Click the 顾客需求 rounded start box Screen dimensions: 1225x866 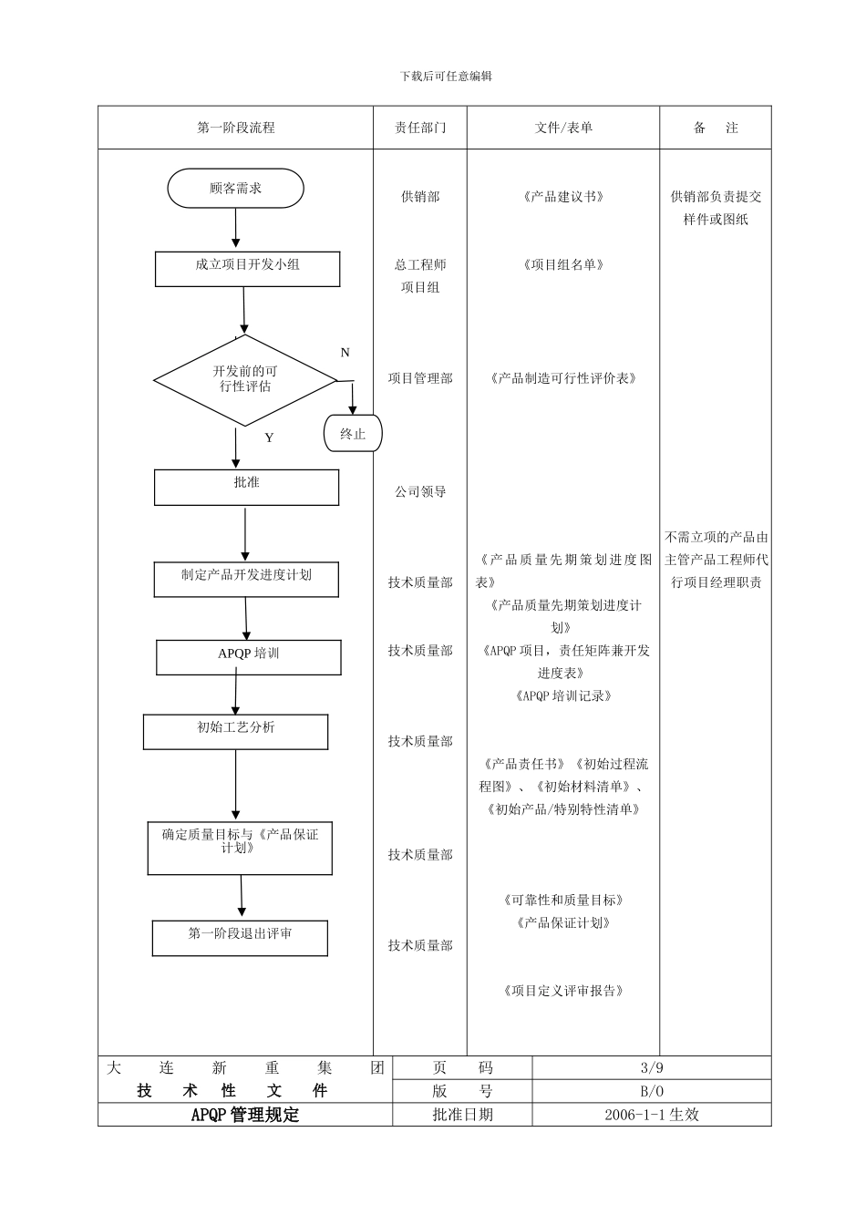pyautogui.click(x=235, y=189)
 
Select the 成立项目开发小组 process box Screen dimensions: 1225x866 pyautogui.click(x=247, y=269)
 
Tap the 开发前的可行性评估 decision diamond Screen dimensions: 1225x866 pyautogui.click(x=245, y=379)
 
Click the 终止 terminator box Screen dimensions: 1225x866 pyautogui.click(x=353, y=434)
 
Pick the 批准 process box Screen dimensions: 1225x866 pyautogui.click(x=246, y=487)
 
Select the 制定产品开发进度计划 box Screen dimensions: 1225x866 pyautogui.click(x=246, y=579)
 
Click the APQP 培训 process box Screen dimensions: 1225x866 pyautogui.click(x=248, y=656)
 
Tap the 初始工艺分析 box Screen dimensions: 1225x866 pyautogui.click(x=235, y=731)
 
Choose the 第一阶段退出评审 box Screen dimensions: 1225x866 pyautogui.click(x=240, y=937)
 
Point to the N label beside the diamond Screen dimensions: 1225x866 pyautogui.click(x=345, y=353)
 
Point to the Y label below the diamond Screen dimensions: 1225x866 pyautogui.click(x=269, y=438)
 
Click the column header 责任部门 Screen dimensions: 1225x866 pyautogui.click(x=420, y=129)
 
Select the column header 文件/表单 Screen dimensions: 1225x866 pyautogui.click(x=563, y=129)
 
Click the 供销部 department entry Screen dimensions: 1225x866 pyautogui.click(x=420, y=197)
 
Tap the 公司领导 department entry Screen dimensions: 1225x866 pyautogui.click(x=420, y=492)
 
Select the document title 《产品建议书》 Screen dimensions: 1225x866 pyautogui.click(x=563, y=197)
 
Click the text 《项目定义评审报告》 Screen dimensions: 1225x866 pyautogui.click(x=563, y=992)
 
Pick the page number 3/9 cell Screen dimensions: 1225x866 pyautogui.click(x=651, y=1068)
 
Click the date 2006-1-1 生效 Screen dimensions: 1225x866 pyautogui.click(x=651, y=1115)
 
